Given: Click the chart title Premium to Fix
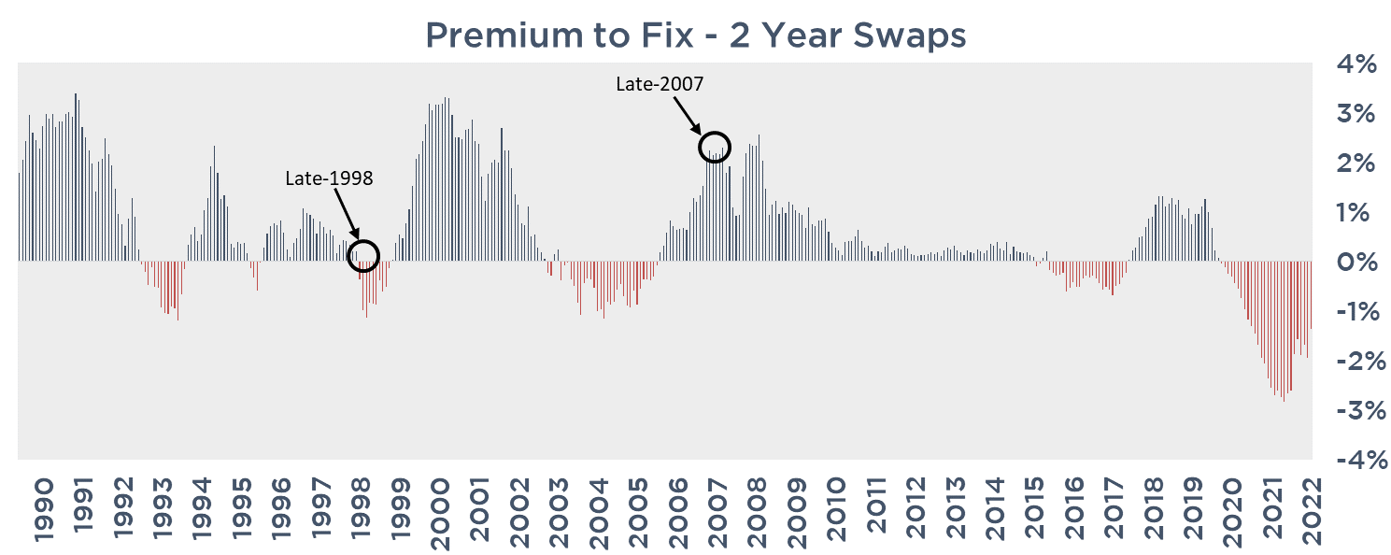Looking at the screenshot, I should (x=695, y=36).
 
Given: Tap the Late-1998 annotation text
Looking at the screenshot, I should (x=329, y=178).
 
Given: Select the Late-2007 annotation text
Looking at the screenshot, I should (x=660, y=83).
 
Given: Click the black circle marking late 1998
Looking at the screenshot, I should (x=363, y=254).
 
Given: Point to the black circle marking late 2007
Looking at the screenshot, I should (x=714, y=147).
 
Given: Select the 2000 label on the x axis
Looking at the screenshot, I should (x=440, y=509).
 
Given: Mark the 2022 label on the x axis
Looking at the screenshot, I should (x=1311, y=509).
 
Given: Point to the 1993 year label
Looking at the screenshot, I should (x=162, y=509).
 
